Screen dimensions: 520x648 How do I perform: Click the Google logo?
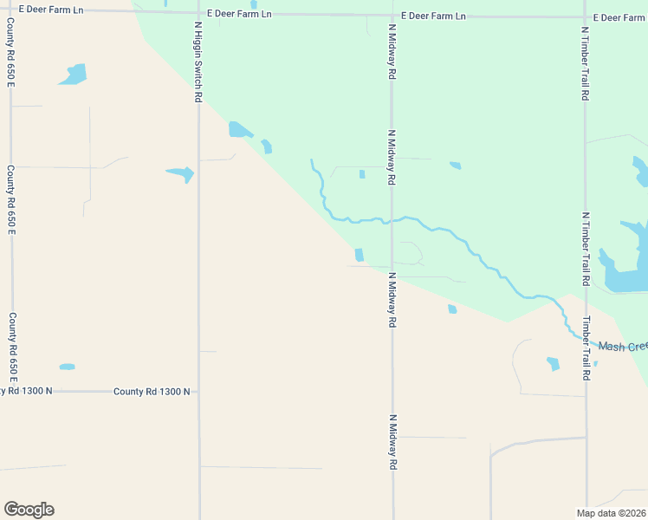(x=29, y=510)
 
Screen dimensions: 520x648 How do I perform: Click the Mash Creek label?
(x=623, y=347)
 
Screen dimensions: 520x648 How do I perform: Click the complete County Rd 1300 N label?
(x=152, y=392)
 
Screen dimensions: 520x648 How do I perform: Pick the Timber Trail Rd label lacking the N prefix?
(x=586, y=348)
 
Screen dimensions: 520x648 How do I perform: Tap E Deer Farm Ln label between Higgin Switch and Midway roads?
(x=237, y=15)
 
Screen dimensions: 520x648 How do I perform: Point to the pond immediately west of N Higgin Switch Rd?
(x=180, y=173)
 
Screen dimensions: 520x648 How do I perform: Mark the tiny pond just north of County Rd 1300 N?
(x=67, y=367)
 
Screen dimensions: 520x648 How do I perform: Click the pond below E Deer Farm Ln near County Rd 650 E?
(x=74, y=75)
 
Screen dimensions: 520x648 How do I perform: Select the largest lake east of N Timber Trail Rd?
(x=629, y=257)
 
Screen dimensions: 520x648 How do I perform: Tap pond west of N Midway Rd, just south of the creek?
(x=359, y=254)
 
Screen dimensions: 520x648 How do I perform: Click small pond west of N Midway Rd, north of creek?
(x=362, y=174)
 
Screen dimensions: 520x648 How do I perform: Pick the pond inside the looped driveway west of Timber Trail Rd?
(x=553, y=364)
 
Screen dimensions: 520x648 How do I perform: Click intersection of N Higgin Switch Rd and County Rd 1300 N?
(x=199, y=392)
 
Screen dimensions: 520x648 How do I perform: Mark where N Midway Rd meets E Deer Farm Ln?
(x=392, y=16)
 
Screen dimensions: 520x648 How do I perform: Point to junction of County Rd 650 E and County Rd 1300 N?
(x=11, y=391)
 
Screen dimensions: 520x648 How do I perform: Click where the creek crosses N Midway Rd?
(x=392, y=219)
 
